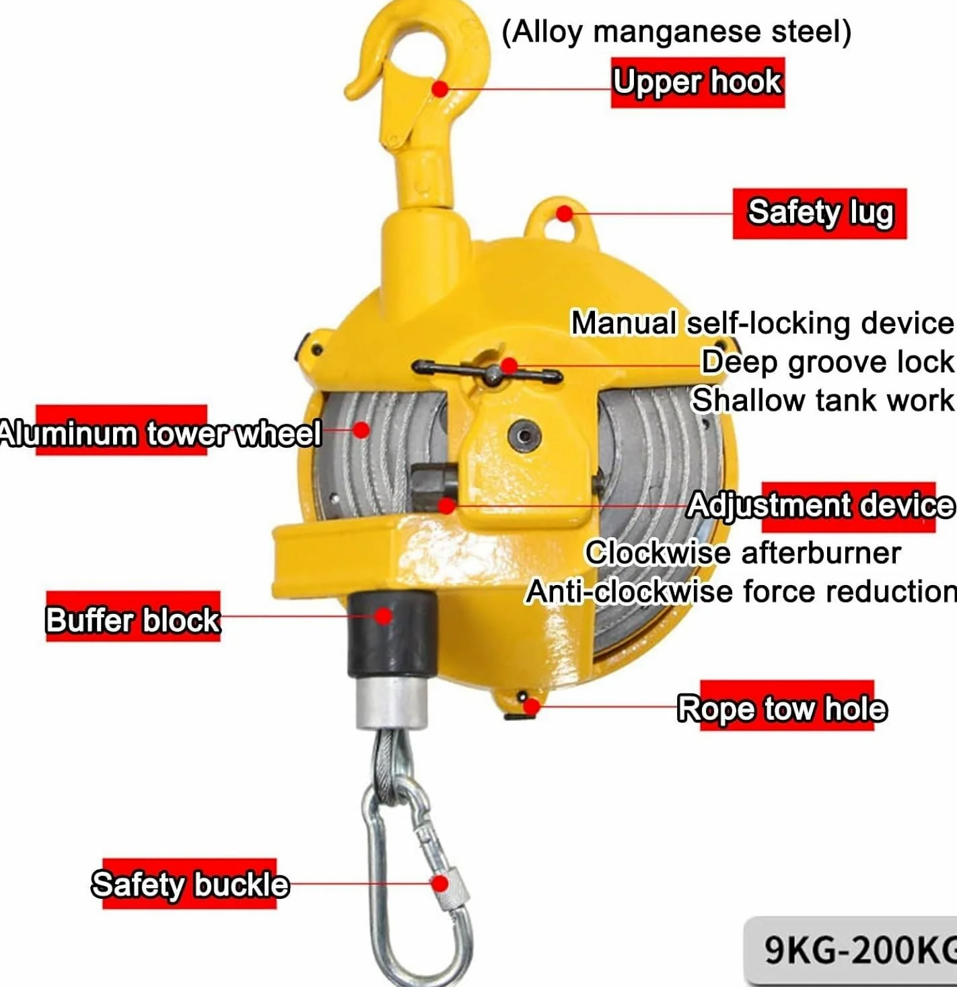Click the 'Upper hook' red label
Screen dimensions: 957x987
pos(697,82)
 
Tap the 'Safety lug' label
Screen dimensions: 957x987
pos(820,213)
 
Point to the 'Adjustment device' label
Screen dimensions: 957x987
pos(820,507)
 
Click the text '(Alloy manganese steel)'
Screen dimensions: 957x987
pos(676,32)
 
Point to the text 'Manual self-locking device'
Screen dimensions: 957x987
pos(763,322)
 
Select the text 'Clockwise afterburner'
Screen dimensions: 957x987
pos(743,552)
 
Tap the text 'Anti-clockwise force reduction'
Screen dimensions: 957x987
pos(741,591)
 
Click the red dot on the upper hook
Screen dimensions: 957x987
pos(440,89)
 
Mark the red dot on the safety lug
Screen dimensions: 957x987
pos(564,213)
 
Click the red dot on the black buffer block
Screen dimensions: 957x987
pos(384,616)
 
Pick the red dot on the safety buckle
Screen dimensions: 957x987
pos(440,884)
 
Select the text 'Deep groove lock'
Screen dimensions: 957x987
pos(827,362)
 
